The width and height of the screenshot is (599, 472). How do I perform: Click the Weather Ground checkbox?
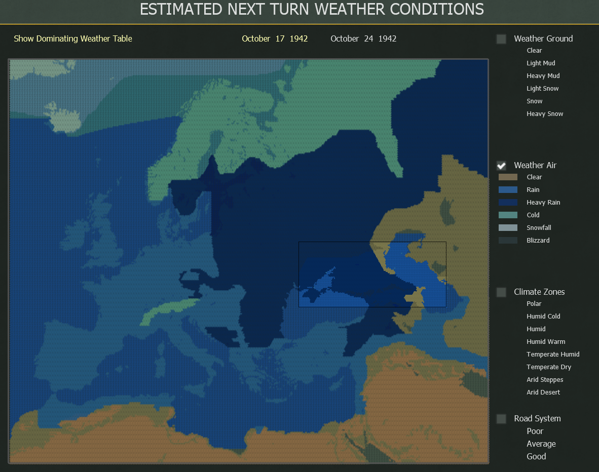pyautogui.click(x=501, y=39)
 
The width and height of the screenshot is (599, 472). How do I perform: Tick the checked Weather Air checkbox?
pyautogui.click(x=501, y=166)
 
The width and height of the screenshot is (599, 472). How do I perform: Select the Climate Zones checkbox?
pyautogui.click(x=501, y=292)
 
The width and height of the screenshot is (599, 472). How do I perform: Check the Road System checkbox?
pyautogui.click(x=501, y=419)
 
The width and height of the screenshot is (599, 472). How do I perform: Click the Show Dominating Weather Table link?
pyautogui.click(x=73, y=39)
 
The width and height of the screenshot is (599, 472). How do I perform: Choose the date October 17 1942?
pyautogui.click(x=275, y=39)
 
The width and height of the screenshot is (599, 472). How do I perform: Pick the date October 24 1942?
pyautogui.click(x=363, y=39)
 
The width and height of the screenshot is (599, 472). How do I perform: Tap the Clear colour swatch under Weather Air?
pyautogui.click(x=508, y=177)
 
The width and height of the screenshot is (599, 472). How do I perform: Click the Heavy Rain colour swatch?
pyautogui.click(x=508, y=203)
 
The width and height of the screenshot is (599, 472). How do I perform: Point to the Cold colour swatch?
pyautogui.click(x=508, y=215)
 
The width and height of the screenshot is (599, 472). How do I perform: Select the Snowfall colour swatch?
pyautogui.click(x=508, y=228)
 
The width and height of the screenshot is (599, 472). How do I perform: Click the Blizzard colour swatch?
pyautogui.click(x=508, y=241)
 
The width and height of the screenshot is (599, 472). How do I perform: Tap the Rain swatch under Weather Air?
pyautogui.click(x=508, y=190)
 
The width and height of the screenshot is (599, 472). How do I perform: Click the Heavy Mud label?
pyautogui.click(x=543, y=76)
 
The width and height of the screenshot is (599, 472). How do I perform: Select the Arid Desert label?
pyautogui.click(x=543, y=392)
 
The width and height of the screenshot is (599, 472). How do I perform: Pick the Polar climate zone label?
pyautogui.click(x=534, y=304)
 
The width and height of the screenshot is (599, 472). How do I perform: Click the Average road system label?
pyautogui.click(x=541, y=444)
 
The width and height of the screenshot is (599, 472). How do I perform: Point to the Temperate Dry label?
pyautogui.click(x=549, y=367)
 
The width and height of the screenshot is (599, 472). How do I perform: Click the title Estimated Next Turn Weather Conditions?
pyautogui.click(x=312, y=9)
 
